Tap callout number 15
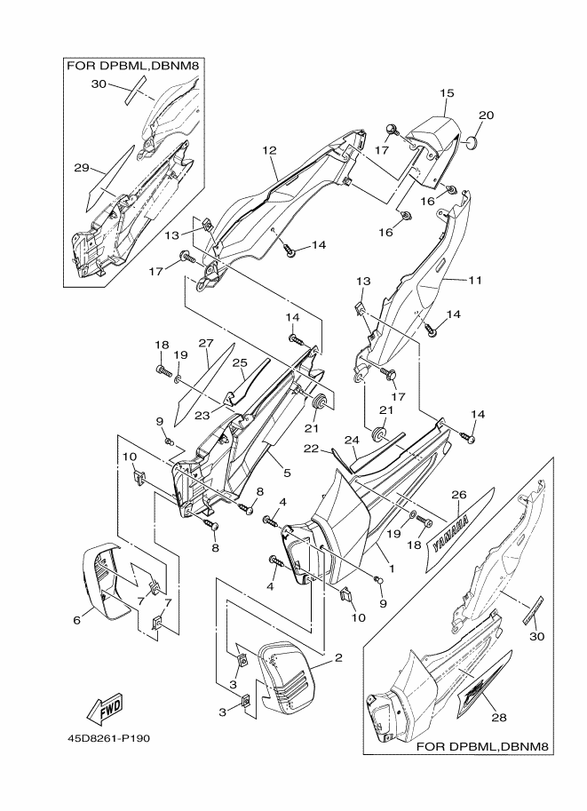[x=447, y=93]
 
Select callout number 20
[x=487, y=115]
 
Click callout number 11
[x=475, y=281]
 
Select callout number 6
[x=76, y=619]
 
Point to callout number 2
[x=338, y=658]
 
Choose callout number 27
[x=206, y=343]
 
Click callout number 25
[x=239, y=362]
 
